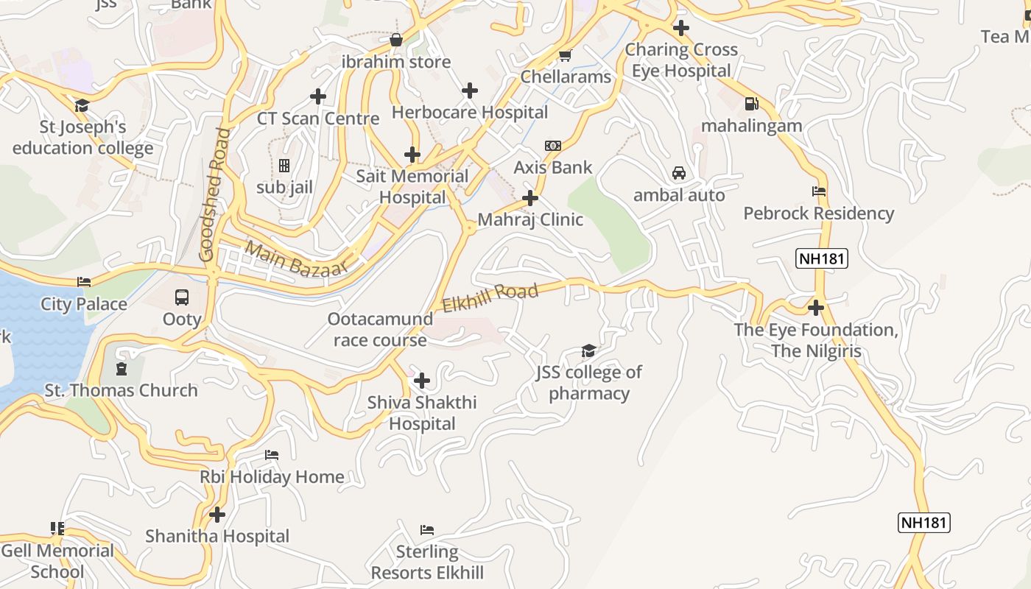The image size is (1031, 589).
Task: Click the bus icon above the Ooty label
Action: click(182, 297)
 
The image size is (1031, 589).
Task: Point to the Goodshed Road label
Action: click(214, 195)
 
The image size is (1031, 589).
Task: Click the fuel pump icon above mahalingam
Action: click(751, 105)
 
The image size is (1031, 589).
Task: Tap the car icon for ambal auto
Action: click(679, 174)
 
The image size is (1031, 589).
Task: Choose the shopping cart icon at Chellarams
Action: click(566, 56)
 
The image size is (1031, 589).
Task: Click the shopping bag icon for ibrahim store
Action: click(396, 40)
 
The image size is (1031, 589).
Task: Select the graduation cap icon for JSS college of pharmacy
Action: click(588, 350)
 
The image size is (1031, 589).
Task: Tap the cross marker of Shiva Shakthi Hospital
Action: click(422, 381)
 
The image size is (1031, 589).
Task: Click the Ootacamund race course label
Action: click(380, 330)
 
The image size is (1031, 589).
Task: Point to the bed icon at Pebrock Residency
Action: click(819, 191)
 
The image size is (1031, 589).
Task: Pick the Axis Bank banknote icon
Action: click(553, 146)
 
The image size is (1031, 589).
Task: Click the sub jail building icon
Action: click(284, 166)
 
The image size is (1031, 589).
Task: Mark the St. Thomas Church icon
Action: click(122, 368)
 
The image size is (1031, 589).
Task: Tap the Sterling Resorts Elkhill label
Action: click(427, 562)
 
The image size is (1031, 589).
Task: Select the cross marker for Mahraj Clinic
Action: click(530, 197)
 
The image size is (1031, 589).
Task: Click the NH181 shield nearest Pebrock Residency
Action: click(822, 258)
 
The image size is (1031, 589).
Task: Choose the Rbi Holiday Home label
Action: click(272, 477)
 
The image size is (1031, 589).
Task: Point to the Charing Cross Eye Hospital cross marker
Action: click(681, 28)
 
